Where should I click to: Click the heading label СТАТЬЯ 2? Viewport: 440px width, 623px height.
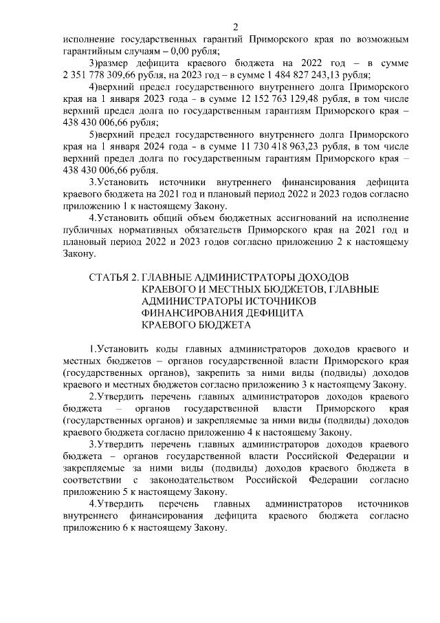[x=112, y=277]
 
